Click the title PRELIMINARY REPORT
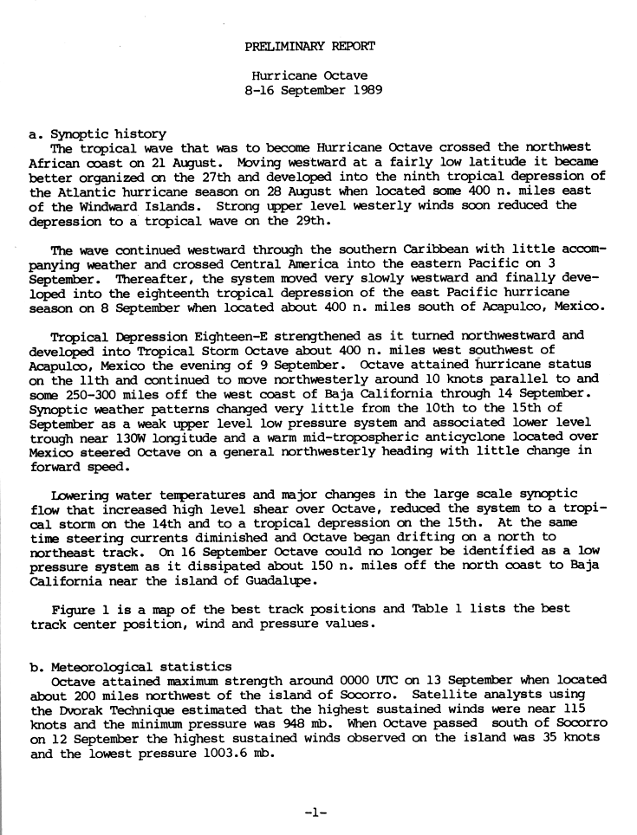310,46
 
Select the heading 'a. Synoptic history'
97,133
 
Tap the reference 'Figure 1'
80,610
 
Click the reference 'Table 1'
428,610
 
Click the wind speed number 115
595,709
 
